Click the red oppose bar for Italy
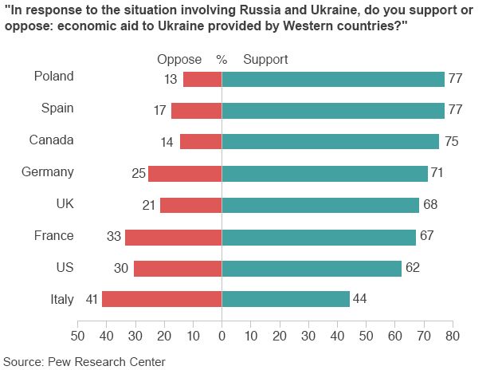coord(162,300)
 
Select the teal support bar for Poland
coord(333,79)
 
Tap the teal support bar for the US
coord(312,269)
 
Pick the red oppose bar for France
coord(174,237)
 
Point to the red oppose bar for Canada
coord(201,141)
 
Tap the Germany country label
coord(49,171)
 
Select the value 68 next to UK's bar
coord(430,205)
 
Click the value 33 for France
coord(112,237)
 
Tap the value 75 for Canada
coord(450,141)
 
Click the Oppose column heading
coord(179,60)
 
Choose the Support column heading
coord(265,60)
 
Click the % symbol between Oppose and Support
coord(222,60)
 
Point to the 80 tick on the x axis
coord(452,335)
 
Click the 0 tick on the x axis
coord(222,335)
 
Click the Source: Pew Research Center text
coord(84,361)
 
